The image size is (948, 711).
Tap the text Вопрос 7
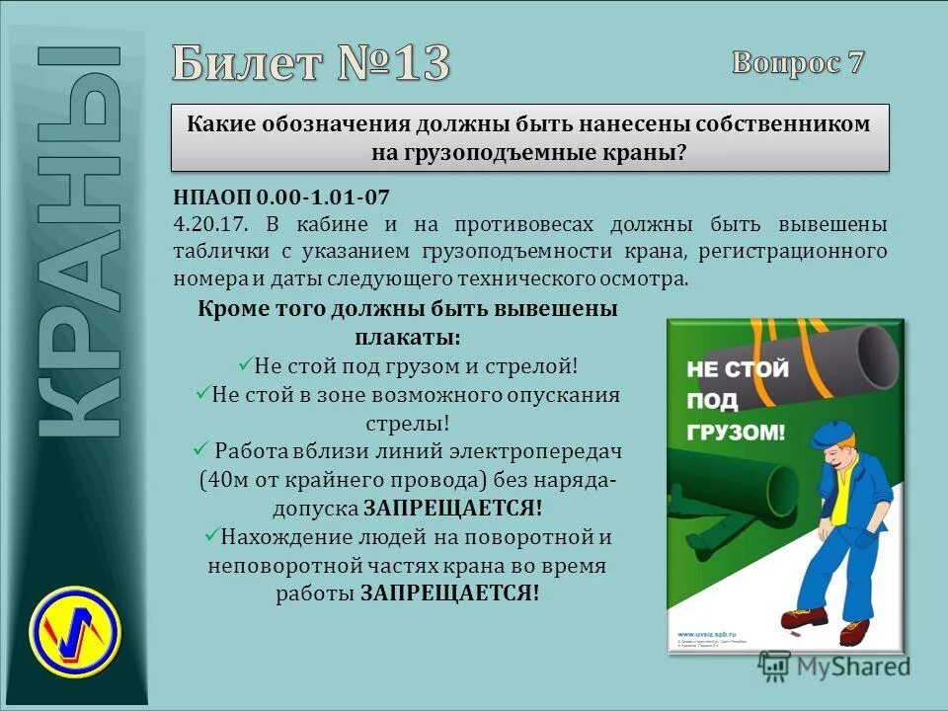[798, 63]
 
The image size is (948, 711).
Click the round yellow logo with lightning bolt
[75, 624]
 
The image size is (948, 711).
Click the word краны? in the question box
[648, 153]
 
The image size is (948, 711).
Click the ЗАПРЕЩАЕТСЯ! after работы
[449, 593]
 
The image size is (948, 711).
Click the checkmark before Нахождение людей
[210, 536]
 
